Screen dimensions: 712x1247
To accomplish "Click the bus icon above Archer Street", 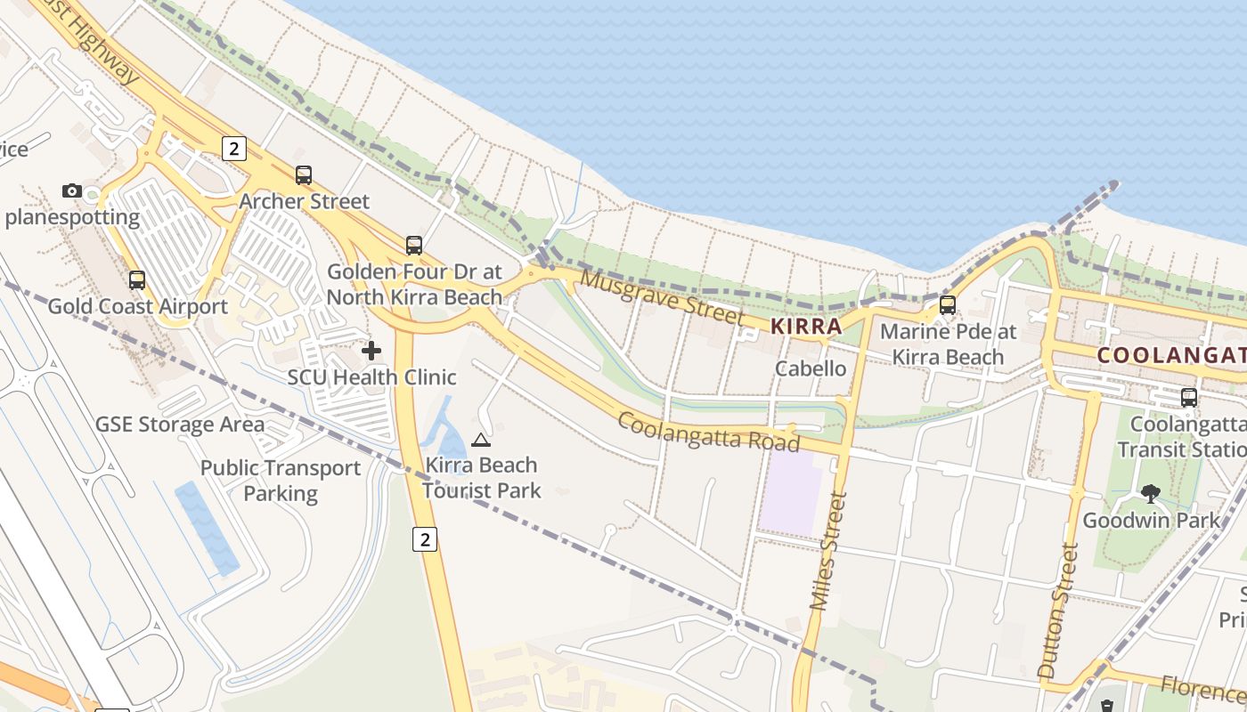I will [x=304, y=175].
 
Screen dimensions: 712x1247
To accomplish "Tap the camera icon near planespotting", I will [x=72, y=190].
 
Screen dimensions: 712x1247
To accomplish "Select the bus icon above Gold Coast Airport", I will [x=137, y=280].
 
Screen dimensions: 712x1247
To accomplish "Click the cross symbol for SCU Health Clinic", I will [x=371, y=351].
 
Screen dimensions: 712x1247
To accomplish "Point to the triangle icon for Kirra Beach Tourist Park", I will [x=481, y=439].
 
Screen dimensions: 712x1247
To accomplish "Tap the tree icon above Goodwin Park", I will [x=1151, y=493].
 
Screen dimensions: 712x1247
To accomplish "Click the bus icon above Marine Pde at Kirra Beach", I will [x=948, y=305].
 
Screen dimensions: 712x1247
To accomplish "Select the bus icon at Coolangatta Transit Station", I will [x=1189, y=397].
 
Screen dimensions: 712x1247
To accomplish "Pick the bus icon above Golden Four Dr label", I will [x=414, y=246].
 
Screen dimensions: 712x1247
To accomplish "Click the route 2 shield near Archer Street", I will [x=233, y=149].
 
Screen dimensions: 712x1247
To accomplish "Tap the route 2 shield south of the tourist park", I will [x=426, y=538].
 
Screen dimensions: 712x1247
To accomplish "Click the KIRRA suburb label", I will [x=806, y=327].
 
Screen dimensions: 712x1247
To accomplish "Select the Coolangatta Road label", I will [x=708, y=432].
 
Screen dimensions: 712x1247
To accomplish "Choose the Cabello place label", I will [x=811, y=368].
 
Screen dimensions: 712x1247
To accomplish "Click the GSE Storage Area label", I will [x=180, y=425].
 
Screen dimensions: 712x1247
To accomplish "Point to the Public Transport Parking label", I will [x=281, y=481].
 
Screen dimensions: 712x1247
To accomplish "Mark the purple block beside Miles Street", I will [x=790, y=492].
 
